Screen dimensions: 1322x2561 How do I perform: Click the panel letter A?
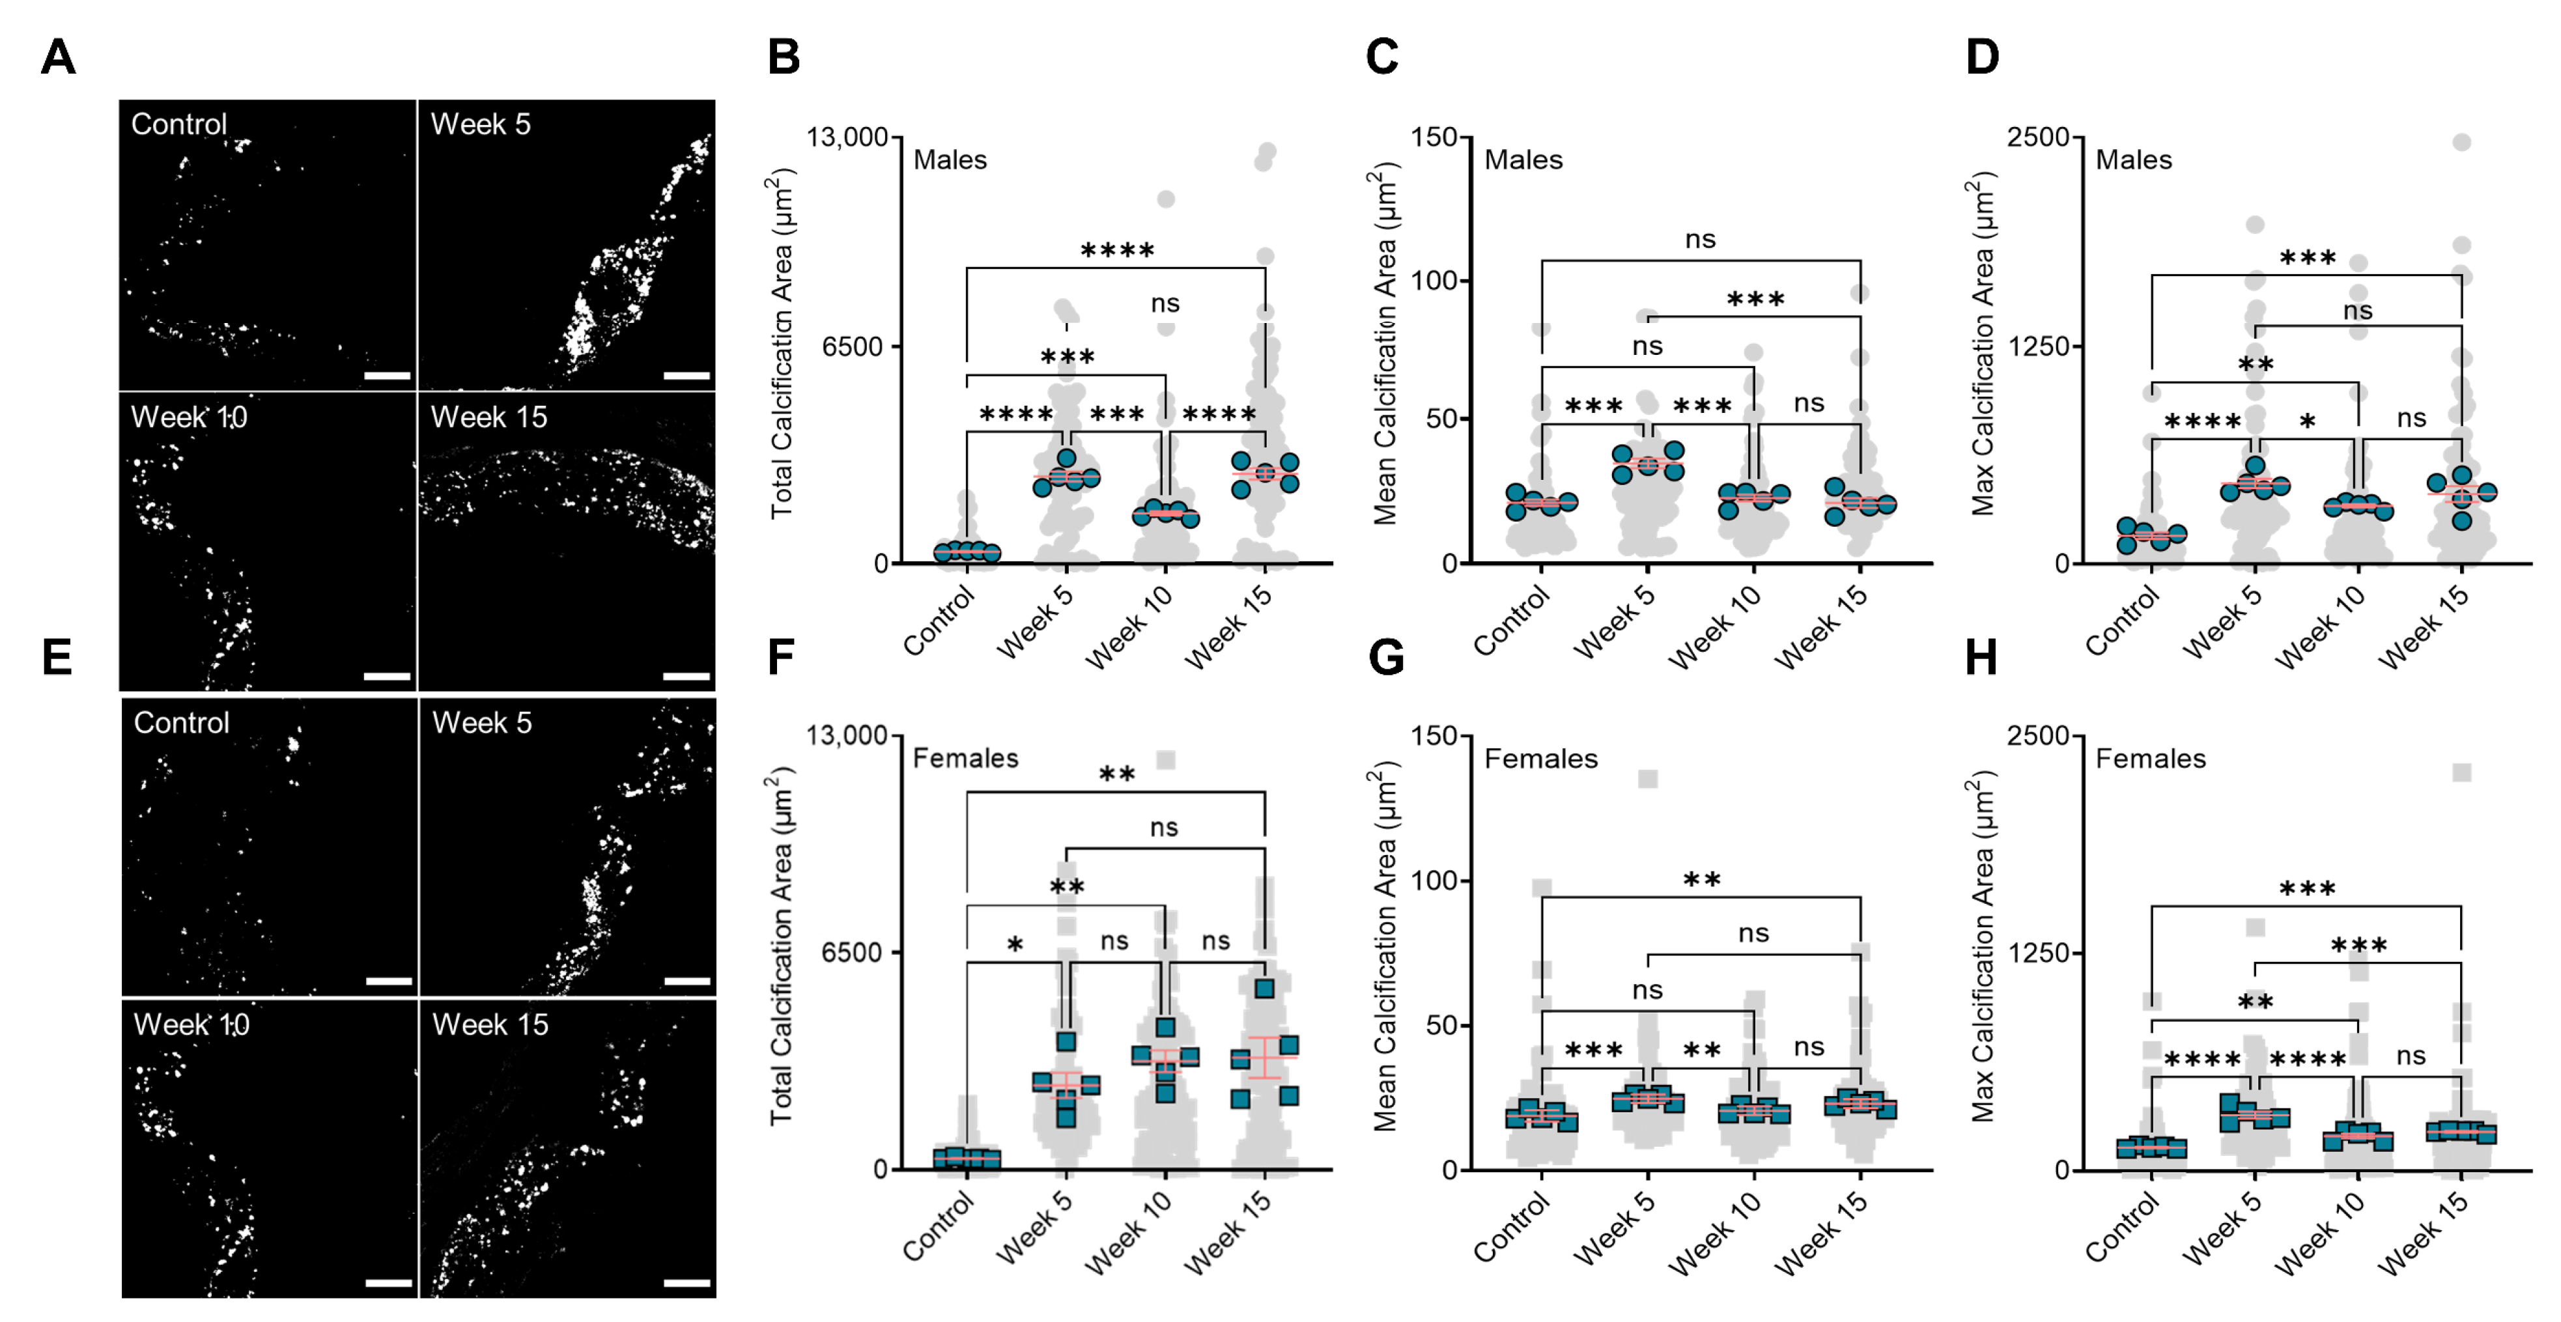(x=58, y=58)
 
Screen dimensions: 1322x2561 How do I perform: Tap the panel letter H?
(x=1981, y=658)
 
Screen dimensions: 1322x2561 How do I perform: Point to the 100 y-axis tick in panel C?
(x=1434, y=280)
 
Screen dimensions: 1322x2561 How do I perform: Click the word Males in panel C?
(x=1523, y=160)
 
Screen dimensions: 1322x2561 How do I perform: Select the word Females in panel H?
(x=2151, y=759)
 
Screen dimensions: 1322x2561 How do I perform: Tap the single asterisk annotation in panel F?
(x=1015, y=943)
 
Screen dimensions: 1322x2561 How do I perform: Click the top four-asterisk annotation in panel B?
(x=1118, y=249)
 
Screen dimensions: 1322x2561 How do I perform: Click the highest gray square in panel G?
(x=1647, y=778)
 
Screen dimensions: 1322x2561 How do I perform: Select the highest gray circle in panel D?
(x=2461, y=142)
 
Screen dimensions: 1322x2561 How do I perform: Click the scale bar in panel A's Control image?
(x=388, y=376)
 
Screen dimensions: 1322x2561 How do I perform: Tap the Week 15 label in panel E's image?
(x=490, y=1025)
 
